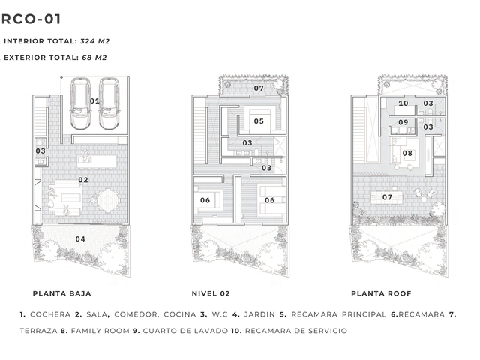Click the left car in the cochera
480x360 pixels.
pyautogui.click(x=80, y=103)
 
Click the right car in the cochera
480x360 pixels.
pyautogui.click(x=109, y=103)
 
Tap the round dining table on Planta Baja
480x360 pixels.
pyautogui.click(x=108, y=200)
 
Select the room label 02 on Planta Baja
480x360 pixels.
pyautogui.click(x=83, y=180)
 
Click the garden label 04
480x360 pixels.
pyautogui.click(x=80, y=238)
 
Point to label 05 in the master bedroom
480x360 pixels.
pyautogui.click(x=259, y=121)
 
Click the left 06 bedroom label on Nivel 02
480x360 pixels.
pyautogui.click(x=205, y=200)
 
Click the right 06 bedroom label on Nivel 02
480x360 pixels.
pyautogui.click(x=269, y=200)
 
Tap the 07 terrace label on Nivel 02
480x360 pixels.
pyautogui.click(x=259, y=88)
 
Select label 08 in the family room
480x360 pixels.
pyautogui.click(x=407, y=153)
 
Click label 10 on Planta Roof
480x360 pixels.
pyautogui.click(x=403, y=103)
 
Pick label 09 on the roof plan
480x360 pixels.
pyautogui.click(x=403, y=122)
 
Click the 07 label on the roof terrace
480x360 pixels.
pyautogui.click(x=387, y=197)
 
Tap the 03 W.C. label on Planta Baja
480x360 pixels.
pyautogui.click(x=40, y=151)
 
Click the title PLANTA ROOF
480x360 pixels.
pyautogui.click(x=381, y=293)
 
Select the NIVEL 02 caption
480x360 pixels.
pyautogui.click(x=211, y=293)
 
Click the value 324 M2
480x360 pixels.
pyautogui.click(x=95, y=41)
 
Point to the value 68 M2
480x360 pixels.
pyautogui.click(x=94, y=58)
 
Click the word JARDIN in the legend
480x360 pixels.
pyautogui.click(x=259, y=314)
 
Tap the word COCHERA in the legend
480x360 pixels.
pyautogui.click(x=50, y=314)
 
